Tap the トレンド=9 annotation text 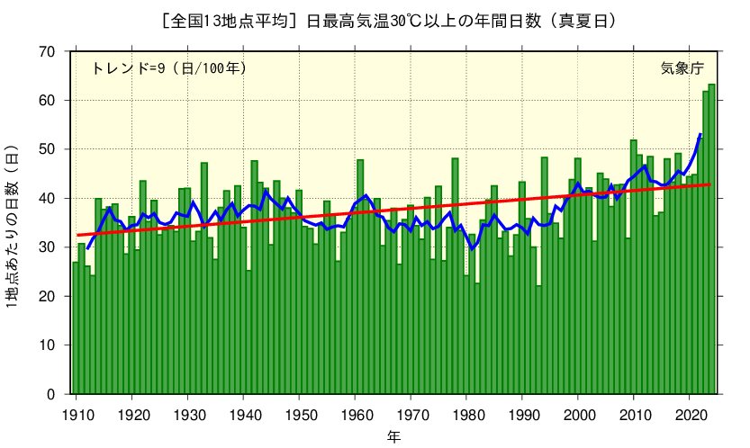(x=169, y=67)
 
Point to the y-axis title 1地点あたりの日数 (x=13, y=226)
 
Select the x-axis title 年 (x=394, y=437)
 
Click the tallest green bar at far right (x=711, y=243)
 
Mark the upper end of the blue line (x=700, y=134)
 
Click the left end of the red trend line (x=77, y=235)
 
